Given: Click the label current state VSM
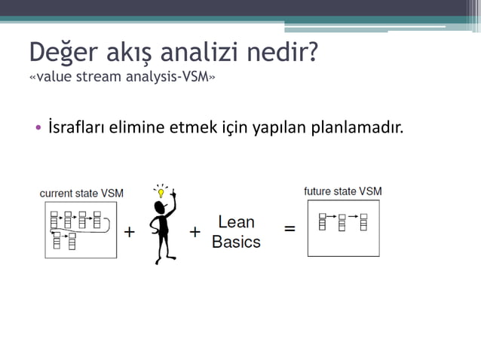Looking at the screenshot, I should pos(81,194).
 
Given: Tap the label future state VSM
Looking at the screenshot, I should pos(342,191).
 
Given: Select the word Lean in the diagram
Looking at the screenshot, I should pos(236,222).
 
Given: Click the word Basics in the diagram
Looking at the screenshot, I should pos(236,242).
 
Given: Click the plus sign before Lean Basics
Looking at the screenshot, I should pos(195,232).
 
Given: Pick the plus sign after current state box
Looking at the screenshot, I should pos(130,232).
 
